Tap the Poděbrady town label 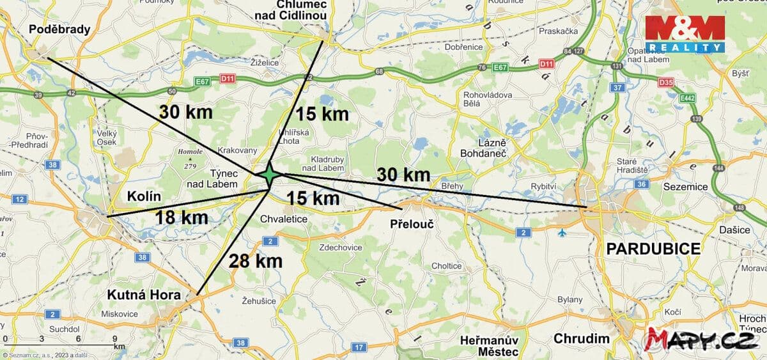pos(59,29)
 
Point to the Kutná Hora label pos(144,295)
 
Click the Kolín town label pos(144,196)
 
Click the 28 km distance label pos(256,260)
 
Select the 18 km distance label pos(182,217)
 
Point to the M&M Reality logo pos(685,34)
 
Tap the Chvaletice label pos(284,219)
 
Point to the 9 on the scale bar pos(115,338)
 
